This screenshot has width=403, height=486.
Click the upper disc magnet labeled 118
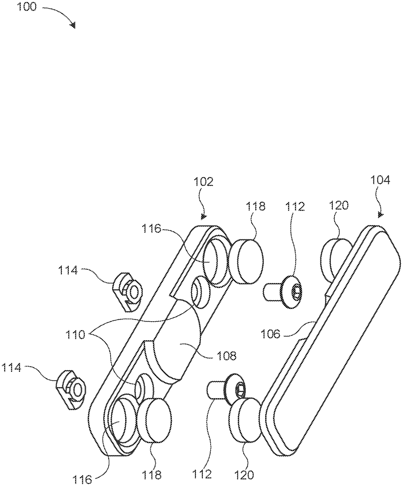246,262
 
